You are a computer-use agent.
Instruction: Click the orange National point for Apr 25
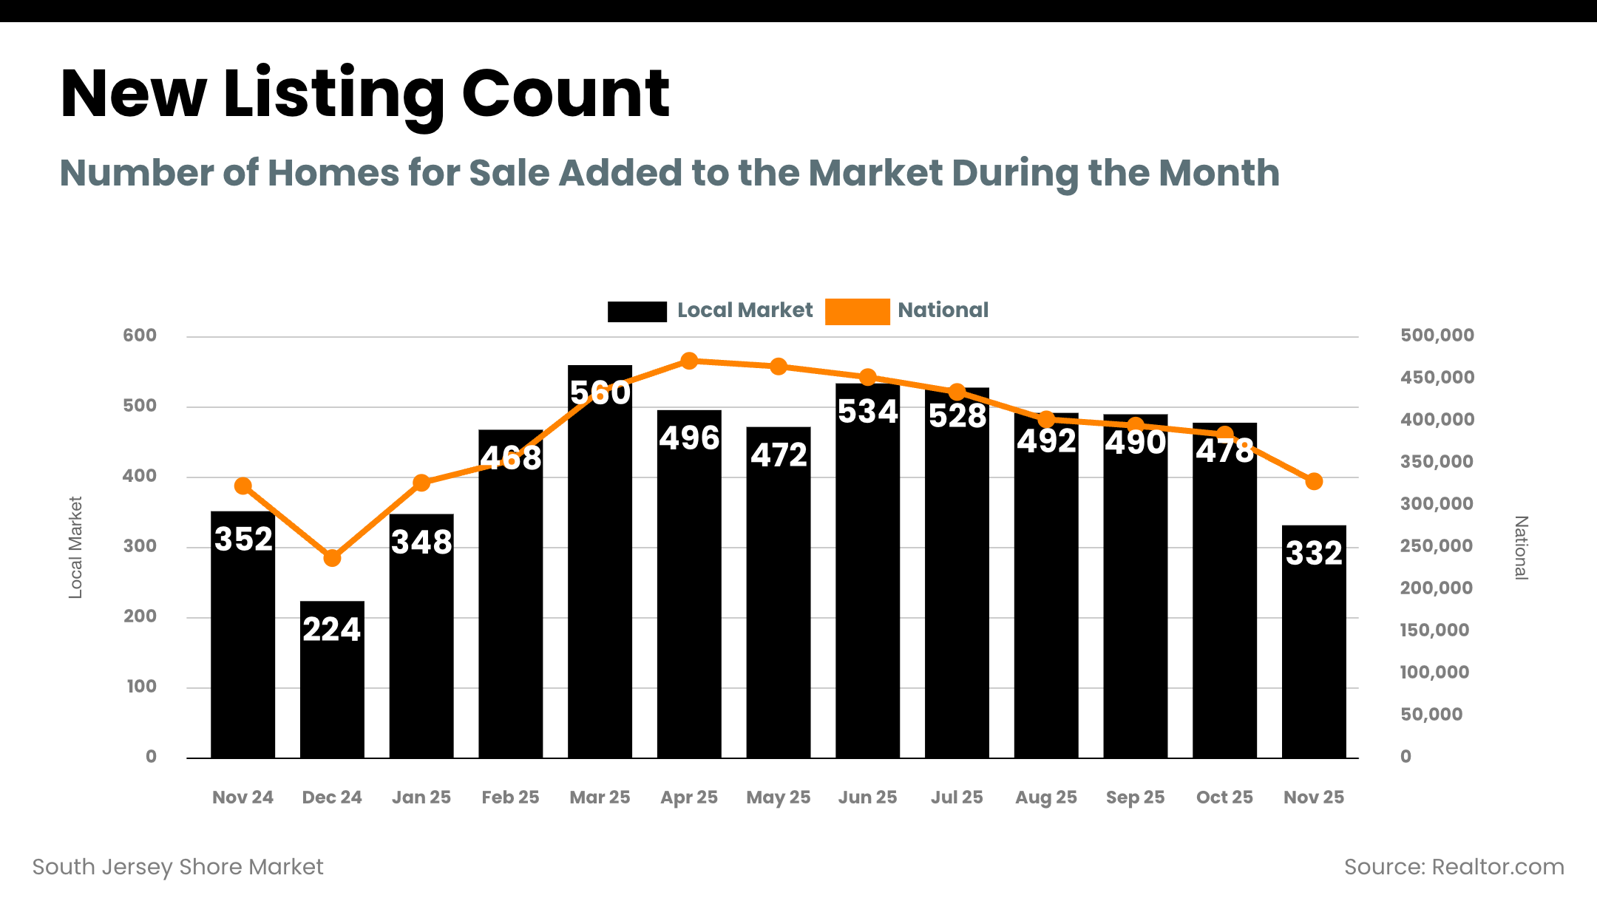click(x=689, y=361)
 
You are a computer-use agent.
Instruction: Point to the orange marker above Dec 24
click(x=332, y=558)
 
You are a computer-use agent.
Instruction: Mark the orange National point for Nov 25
click(x=1314, y=482)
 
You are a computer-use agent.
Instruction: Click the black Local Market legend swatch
click(x=637, y=311)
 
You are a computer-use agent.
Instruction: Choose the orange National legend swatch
click(x=857, y=311)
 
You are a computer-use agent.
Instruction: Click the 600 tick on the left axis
click(x=140, y=336)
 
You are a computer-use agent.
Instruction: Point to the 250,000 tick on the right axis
click(x=1436, y=546)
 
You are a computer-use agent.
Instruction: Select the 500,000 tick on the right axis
click(x=1437, y=336)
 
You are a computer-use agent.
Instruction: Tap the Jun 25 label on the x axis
click(x=867, y=797)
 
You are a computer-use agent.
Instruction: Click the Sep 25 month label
click(x=1135, y=797)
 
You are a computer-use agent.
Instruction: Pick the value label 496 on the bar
click(x=689, y=438)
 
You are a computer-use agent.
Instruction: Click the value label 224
click(x=331, y=630)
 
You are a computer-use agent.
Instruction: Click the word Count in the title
click(x=566, y=94)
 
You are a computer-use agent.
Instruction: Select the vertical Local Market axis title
click(x=75, y=548)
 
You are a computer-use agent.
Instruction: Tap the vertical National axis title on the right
click(x=1521, y=548)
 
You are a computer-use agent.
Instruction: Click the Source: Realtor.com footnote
click(x=1454, y=867)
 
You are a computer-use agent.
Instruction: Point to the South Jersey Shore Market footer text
click(x=177, y=867)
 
